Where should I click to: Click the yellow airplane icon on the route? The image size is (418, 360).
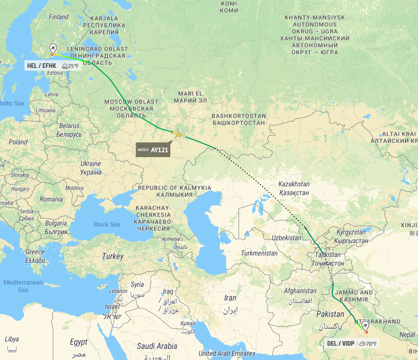pyautogui.click(x=179, y=134)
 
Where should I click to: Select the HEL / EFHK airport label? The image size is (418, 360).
pyautogui.click(x=41, y=66)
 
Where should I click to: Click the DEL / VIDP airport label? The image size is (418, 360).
pyautogui.click(x=340, y=343)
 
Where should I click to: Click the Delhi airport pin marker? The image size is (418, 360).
pyautogui.click(x=365, y=326)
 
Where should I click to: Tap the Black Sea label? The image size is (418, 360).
pyautogui.click(x=107, y=224)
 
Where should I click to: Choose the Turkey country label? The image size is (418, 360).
pyautogui.click(x=113, y=256)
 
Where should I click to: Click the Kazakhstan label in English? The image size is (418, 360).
pyautogui.click(x=294, y=184)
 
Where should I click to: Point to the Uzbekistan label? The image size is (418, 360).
pyautogui.click(x=287, y=238)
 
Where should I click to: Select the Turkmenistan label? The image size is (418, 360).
pyautogui.click(x=259, y=253)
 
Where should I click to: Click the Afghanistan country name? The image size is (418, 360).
pyautogui.click(x=300, y=291)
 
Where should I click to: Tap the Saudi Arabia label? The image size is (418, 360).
pyautogui.click(x=157, y=346)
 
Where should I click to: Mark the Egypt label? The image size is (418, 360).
pyautogui.click(x=78, y=342)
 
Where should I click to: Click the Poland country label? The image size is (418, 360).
pyautogui.click(x=18, y=142)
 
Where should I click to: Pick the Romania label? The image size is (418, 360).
pyautogui.click(x=51, y=199)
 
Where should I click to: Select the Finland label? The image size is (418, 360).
pyautogui.click(x=59, y=17)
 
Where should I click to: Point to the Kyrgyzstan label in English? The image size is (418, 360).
pyautogui.click(x=349, y=232)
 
